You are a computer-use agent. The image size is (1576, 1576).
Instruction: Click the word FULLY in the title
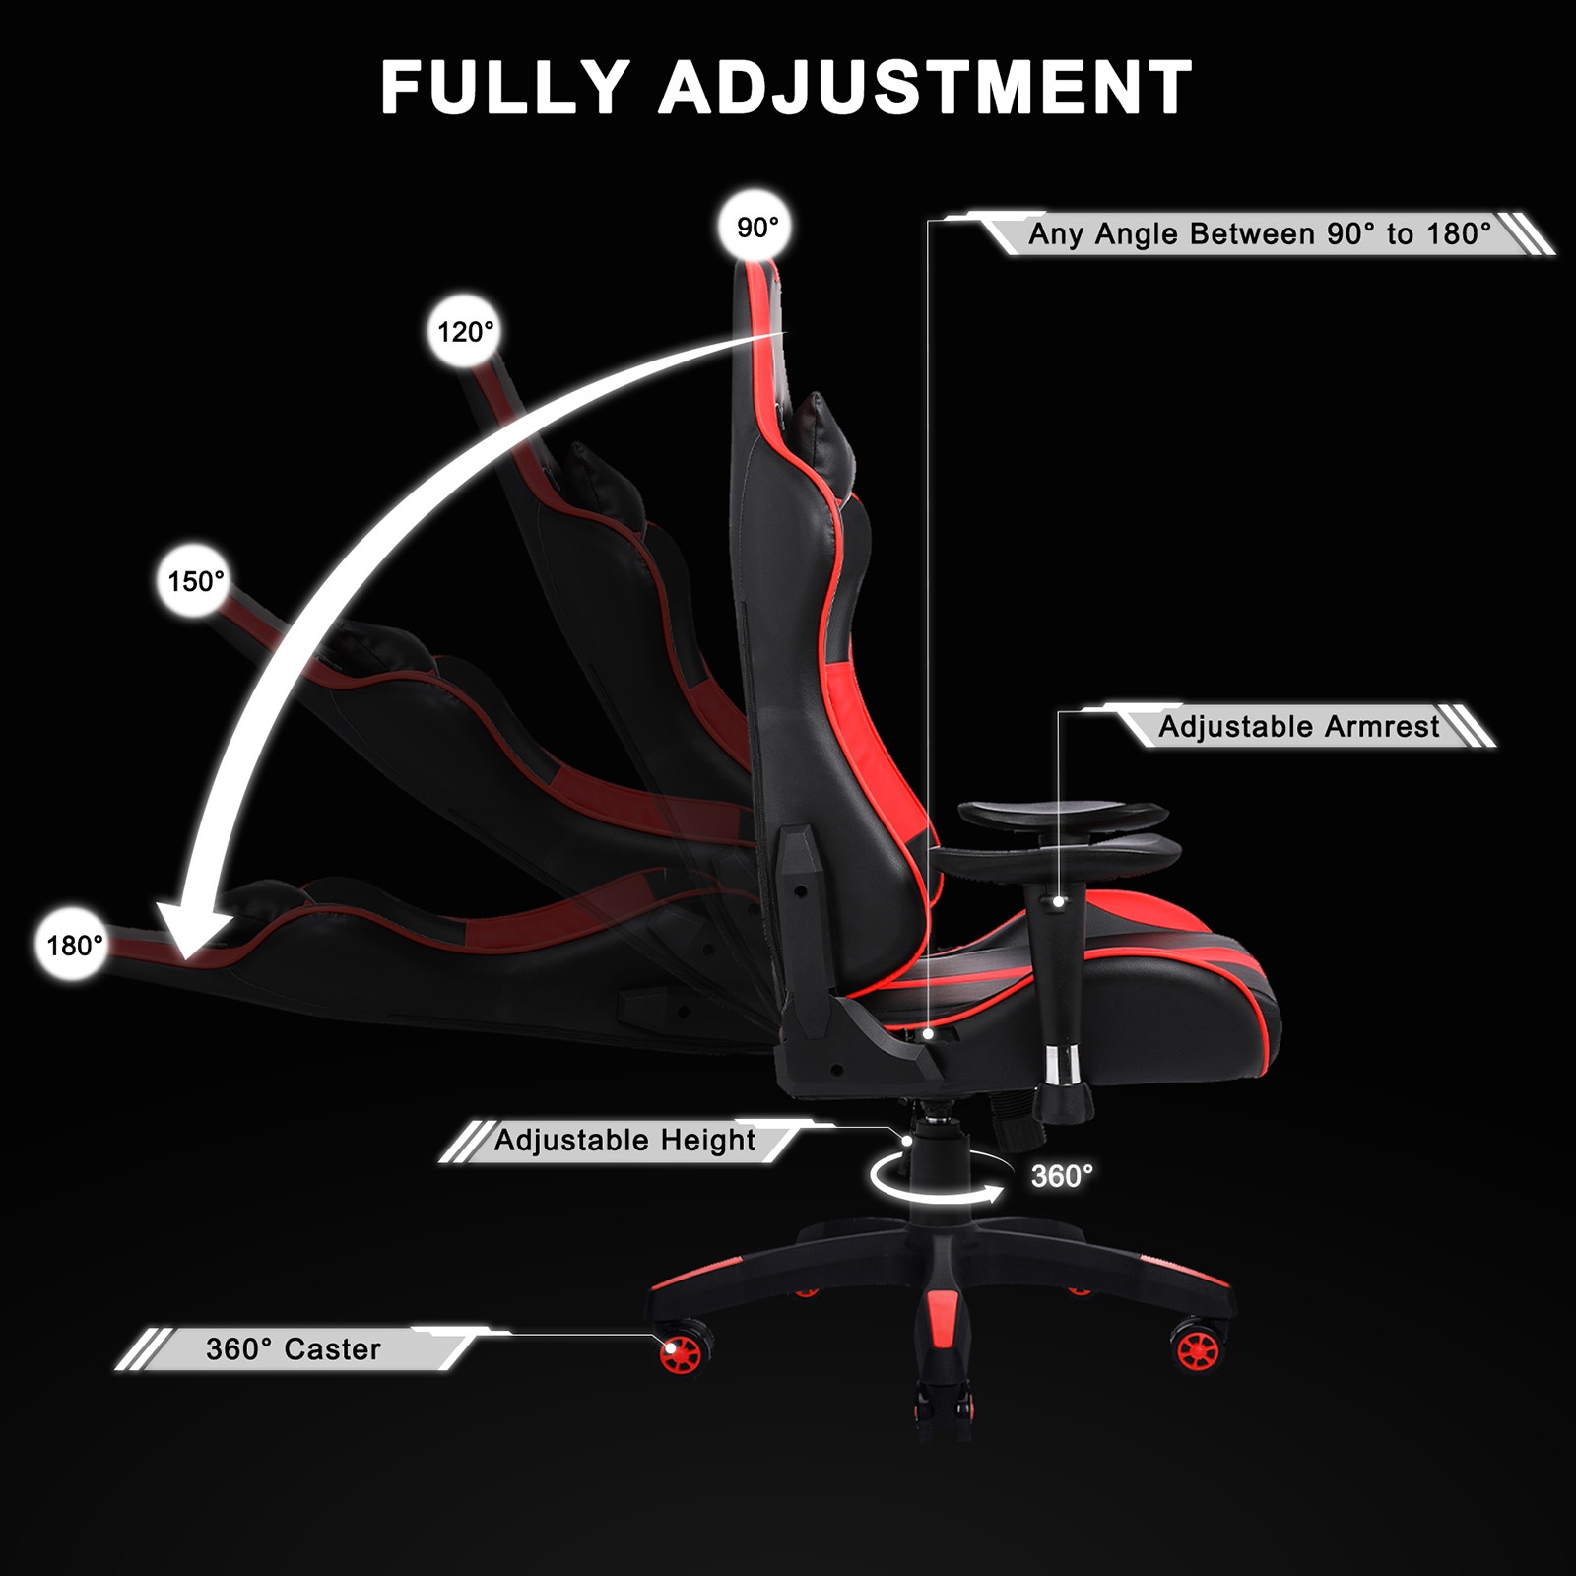point(504,89)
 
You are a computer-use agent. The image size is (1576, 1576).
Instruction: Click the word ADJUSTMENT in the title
point(926,89)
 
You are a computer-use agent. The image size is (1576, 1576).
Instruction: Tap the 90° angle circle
point(757,229)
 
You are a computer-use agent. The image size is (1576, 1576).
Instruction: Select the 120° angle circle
point(465,332)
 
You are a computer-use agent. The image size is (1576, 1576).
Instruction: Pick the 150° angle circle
point(195,581)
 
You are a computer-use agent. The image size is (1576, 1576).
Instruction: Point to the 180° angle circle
point(74,946)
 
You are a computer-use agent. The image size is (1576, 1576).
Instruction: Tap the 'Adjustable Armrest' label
point(1298,727)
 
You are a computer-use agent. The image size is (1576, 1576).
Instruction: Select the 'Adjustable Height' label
point(624,1141)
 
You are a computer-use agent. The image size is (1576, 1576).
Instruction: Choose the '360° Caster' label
point(293,1348)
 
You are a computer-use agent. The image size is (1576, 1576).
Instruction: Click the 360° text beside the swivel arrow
point(1062,1176)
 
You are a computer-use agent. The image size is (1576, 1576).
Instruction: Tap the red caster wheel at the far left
point(681,1353)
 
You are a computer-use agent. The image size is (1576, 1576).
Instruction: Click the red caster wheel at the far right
point(1198,1349)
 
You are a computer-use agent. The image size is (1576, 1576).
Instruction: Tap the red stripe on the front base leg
point(942,1324)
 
